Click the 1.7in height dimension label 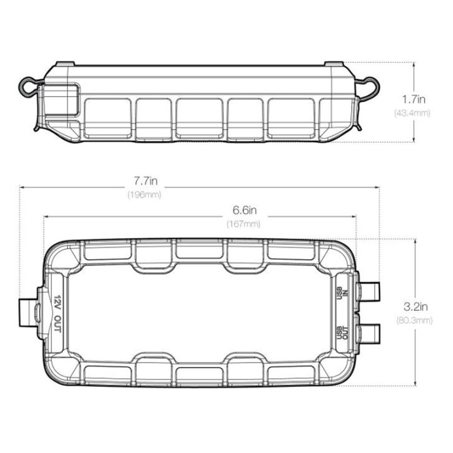pos(414,99)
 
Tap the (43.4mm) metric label pos(412,113)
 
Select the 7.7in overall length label pos(146,181)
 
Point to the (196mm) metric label pos(145,194)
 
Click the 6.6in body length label pos(245,210)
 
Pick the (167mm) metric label pos(243,224)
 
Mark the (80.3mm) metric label pos(414,320)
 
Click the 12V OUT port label pos(58,314)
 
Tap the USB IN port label pos(343,293)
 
